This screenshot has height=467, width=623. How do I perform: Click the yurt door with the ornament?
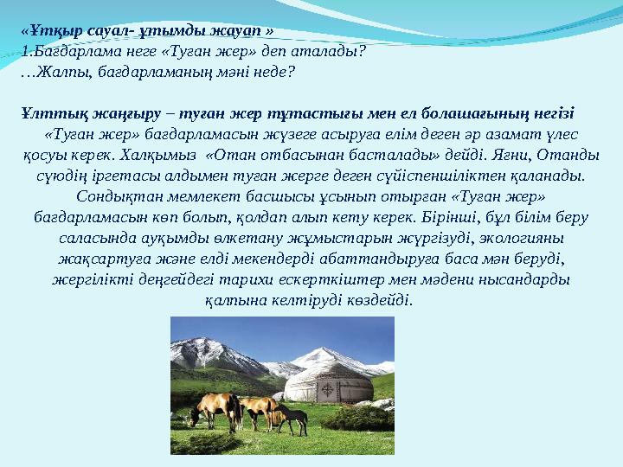[328, 390]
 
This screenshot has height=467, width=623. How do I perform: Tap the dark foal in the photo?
[293, 419]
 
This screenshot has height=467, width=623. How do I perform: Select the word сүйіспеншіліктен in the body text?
[461, 176]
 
